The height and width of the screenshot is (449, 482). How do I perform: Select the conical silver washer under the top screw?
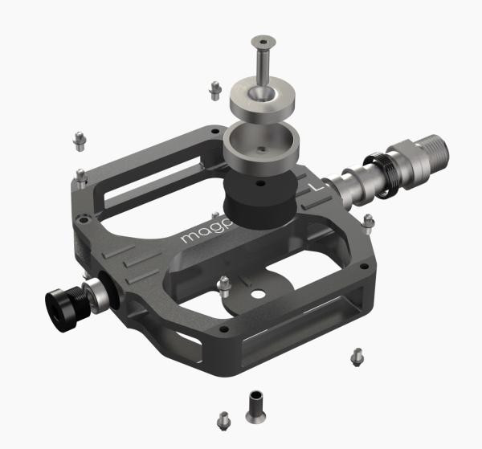coord(260,101)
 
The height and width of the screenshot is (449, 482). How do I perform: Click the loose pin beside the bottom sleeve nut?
coord(224,419)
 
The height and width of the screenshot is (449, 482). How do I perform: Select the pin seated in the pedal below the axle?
coord(369,221)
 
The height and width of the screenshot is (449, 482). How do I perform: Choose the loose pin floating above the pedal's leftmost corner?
coord(79,140)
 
